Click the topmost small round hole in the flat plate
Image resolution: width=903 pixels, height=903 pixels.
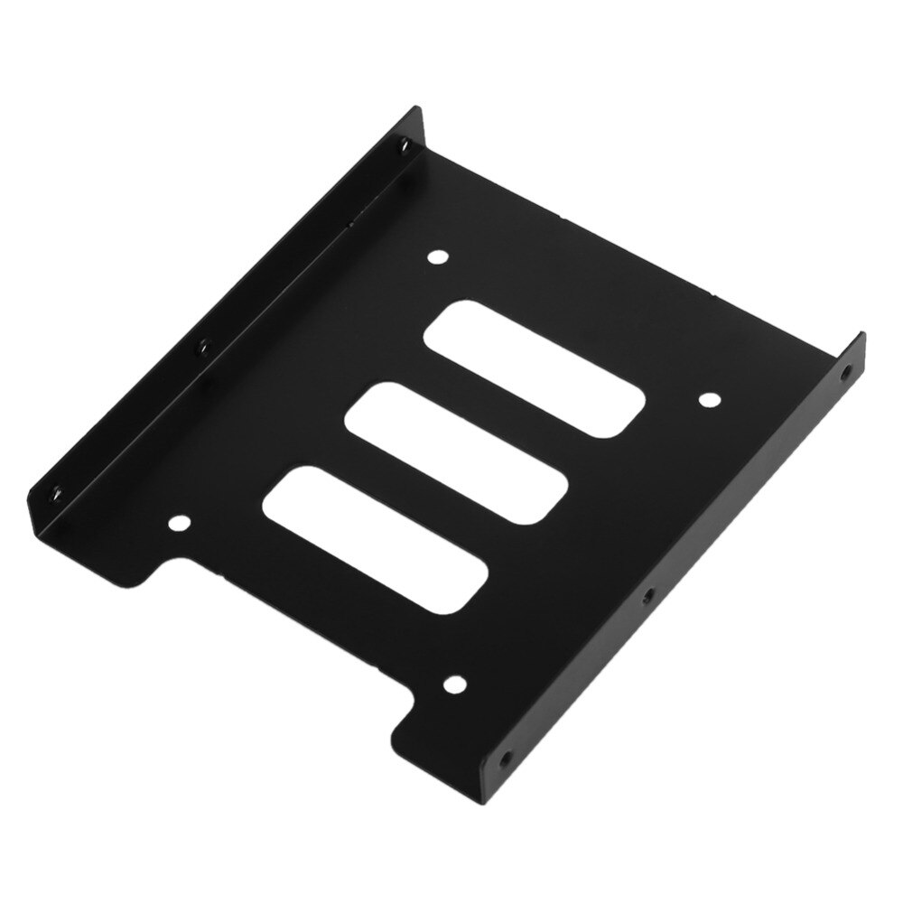click(x=439, y=258)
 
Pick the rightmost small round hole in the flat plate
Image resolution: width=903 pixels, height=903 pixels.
click(x=710, y=399)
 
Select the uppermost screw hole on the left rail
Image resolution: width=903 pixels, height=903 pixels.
click(x=404, y=145)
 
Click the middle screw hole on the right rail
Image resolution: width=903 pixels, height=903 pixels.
click(x=647, y=597)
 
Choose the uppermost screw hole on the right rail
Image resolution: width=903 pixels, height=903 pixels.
click(x=846, y=371)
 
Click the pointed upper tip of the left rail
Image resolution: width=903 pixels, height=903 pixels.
click(x=417, y=111)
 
